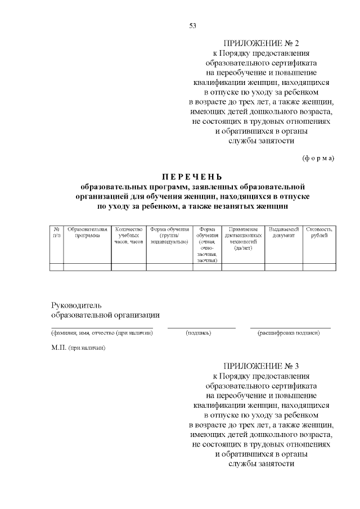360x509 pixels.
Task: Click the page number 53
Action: pos(192,26)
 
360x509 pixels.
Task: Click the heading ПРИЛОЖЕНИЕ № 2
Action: pos(262,43)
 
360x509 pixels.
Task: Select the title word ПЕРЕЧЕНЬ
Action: pos(192,175)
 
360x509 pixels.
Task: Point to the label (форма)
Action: pos(318,157)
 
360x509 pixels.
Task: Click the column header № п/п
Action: pos(56,232)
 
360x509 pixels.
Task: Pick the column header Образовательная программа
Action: pos(87,232)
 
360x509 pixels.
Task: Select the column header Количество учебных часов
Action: pos(129,235)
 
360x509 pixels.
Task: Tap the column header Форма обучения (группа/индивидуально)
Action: pos(169,235)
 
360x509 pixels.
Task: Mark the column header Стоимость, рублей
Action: pos(319,232)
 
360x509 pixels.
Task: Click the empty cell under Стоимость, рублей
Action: pos(319,267)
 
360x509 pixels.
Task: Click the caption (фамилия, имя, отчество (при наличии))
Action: pos(102,333)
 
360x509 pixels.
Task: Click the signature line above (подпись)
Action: pos(201,327)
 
